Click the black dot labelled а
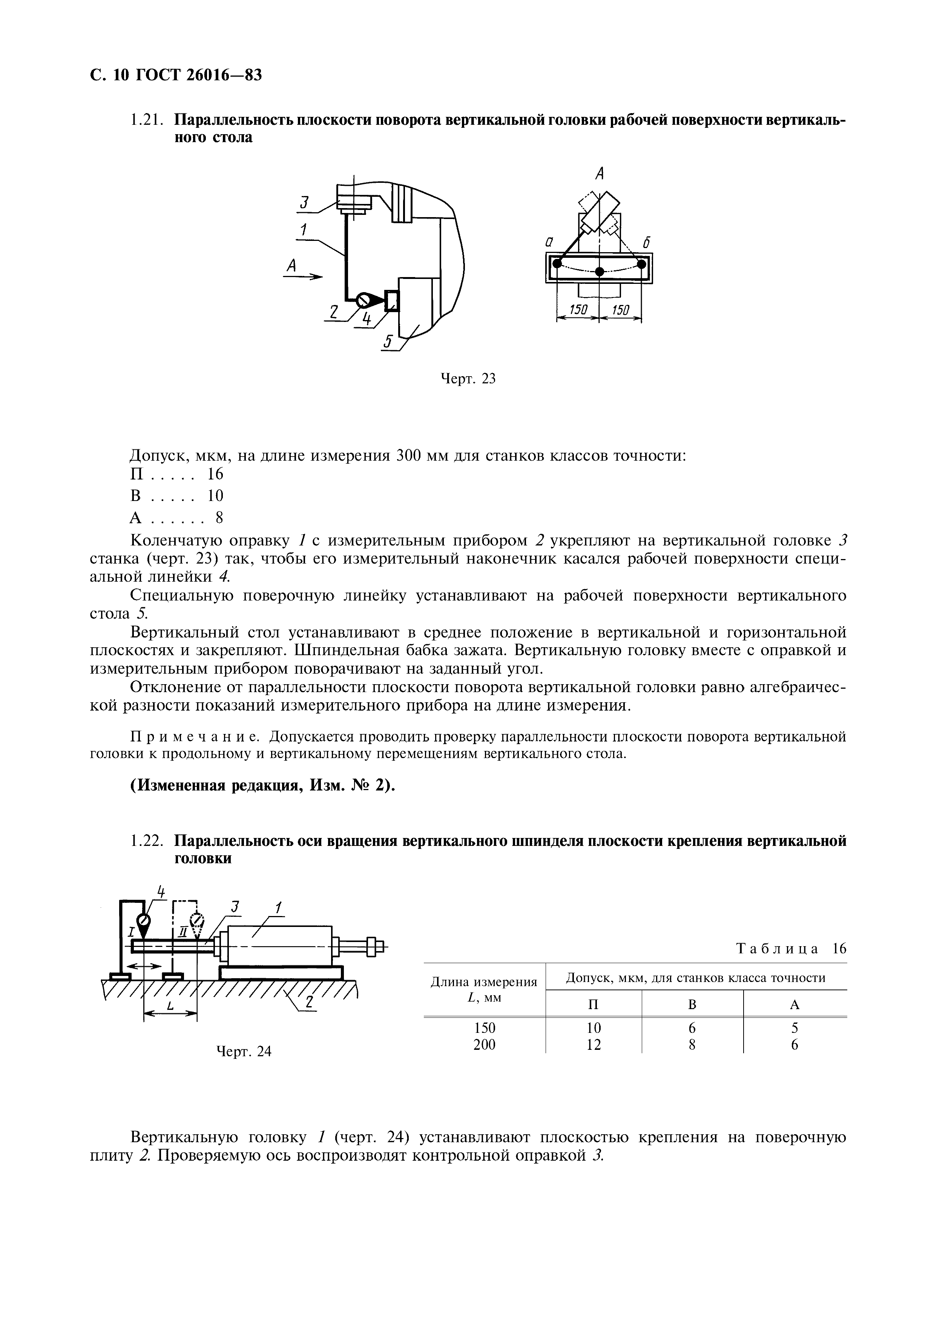(557, 264)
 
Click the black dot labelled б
(641, 264)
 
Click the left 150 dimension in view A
(578, 310)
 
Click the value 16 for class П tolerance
(215, 474)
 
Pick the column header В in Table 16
(692, 1005)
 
